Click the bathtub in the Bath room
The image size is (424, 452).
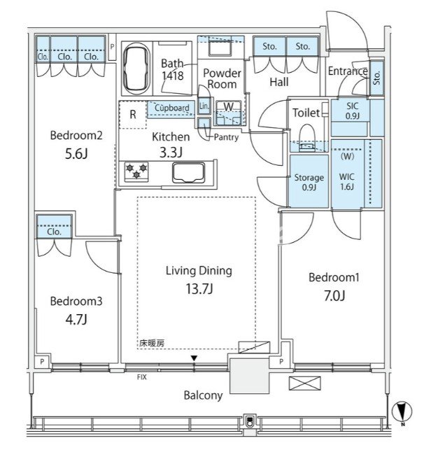coord(136,69)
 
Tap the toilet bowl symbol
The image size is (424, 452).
coord(307,138)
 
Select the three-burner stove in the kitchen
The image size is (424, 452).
coord(136,172)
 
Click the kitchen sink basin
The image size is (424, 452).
coord(188,172)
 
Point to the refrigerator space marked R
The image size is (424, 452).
coord(133,115)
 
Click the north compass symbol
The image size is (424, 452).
coord(402,412)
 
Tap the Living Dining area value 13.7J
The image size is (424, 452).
coord(199,288)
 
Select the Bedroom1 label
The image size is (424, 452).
coord(334,277)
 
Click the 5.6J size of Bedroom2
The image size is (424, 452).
coord(76,154)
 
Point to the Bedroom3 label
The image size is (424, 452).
coord(76,301)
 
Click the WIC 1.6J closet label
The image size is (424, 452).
coord(347,182)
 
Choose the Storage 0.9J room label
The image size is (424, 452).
coord(309,182)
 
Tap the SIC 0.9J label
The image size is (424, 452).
coord(352,111)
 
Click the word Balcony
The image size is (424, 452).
coord(203,395)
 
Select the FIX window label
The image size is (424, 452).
coord(141,377)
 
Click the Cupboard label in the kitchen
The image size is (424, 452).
coord(172,108)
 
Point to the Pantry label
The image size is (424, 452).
coord(226,138)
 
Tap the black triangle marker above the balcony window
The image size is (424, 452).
coord(194,358)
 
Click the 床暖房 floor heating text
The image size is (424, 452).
coord(152,344)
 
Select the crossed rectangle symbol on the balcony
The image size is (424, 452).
coord(305,383)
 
